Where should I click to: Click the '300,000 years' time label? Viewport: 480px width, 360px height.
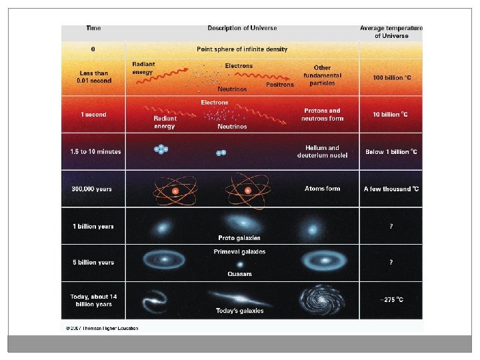coord(91,189)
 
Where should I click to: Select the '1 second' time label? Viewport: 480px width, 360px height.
coord(93,115)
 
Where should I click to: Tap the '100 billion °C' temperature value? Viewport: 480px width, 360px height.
coord(391,77)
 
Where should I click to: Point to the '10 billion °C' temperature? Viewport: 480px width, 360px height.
coord(391,115)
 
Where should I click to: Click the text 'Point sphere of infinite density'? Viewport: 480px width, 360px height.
coord(242,49)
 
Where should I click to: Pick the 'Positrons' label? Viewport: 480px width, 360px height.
coord(279,85)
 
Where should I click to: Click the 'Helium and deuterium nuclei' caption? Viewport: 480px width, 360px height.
coord(322,151)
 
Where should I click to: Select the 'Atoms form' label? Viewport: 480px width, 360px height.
coord(322,189)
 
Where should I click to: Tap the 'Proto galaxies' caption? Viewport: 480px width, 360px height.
coord(239,237)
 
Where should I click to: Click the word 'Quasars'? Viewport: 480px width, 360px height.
coord(239,273)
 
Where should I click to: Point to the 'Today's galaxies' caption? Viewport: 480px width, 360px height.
coord(239,311)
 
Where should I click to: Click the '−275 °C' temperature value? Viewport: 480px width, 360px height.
coord(391,300)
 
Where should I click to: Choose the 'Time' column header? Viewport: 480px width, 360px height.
coord(93,29)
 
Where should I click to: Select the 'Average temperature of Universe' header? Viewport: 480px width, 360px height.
coord(391,32)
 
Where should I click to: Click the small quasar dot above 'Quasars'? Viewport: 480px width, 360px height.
coord(239,263)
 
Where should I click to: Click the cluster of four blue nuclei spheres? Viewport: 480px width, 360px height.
coord(161,150)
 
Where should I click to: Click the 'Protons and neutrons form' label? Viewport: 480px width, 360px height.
coord(322,115)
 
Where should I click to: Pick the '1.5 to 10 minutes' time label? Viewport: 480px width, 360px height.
coord(95,152)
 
